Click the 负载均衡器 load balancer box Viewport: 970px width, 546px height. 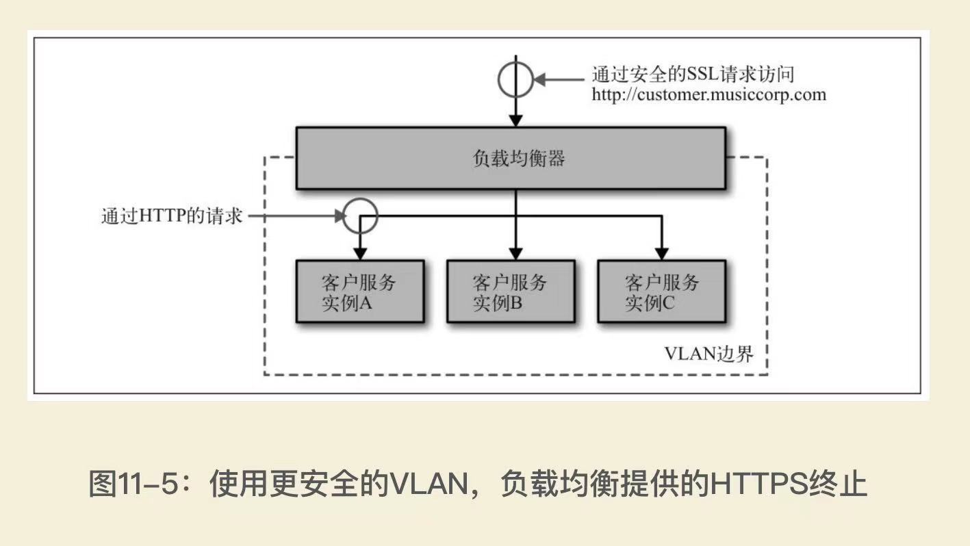coord(510,158)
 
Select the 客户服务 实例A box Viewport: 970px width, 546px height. coord(359,291)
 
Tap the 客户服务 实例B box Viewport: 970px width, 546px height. coord(510,291)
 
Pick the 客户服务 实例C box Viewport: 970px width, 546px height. coord(661,291)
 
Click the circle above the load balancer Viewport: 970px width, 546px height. coord(515,79)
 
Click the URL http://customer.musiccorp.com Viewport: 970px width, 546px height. coord(709,94)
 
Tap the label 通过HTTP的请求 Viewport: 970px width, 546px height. coord(172,216)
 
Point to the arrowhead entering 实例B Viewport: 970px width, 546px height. coord(515,254)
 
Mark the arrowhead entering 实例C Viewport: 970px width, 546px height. coord(661,254)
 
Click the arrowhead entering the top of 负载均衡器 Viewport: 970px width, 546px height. coord(515,120)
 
